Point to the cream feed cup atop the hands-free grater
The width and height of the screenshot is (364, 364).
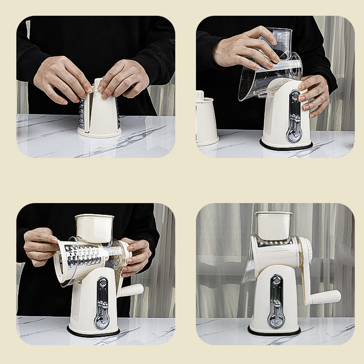point(273,225)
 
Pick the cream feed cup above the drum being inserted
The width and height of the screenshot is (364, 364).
point(94,228)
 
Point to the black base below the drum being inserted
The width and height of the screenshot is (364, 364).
point(93,332)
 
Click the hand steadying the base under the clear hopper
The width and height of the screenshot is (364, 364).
point(314,93)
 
